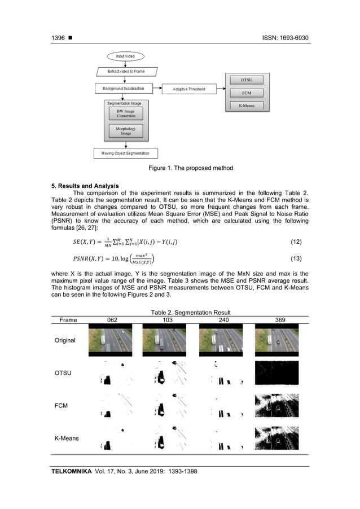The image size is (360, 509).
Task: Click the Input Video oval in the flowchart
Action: tap(125, 56)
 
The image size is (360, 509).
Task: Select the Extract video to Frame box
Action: tap(125, 72)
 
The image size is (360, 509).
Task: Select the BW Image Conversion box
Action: tap(125, 114)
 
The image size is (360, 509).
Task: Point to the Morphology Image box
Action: tap(125, 131)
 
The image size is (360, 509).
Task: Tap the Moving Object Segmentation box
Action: tap(125, 153)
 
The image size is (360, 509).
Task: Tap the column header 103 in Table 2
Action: tap(166, 319)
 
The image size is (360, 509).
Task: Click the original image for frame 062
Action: tap(110, 340)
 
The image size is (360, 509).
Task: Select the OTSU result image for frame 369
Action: tap(276, 373)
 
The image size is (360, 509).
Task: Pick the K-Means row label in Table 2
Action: tap(66, 438)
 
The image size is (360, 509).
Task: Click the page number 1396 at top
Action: tap(58, 38)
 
